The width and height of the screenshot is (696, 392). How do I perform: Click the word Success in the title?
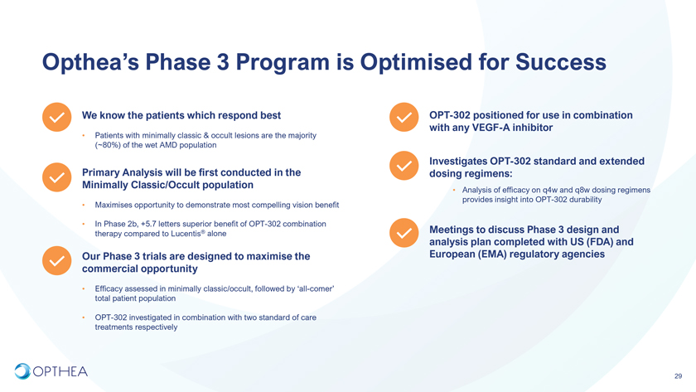click(561, 61)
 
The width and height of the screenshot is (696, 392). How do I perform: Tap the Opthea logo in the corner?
click(51, 371)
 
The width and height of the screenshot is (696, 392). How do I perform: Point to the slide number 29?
click(678, 376)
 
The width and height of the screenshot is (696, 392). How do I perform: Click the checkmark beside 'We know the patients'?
click(57, 117)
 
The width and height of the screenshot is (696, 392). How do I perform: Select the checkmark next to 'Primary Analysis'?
click(57, 177)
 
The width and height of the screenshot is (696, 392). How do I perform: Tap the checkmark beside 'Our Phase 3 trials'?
click(57, 260)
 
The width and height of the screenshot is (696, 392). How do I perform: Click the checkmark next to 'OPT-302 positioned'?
click(404, 117)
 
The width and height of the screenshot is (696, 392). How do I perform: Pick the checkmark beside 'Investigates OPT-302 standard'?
click(404, 166)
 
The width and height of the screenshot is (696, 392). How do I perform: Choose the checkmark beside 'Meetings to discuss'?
click(404, 233)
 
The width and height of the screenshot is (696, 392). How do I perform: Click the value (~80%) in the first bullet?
click(106, 145)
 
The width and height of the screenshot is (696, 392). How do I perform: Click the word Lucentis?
click(186, 234)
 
